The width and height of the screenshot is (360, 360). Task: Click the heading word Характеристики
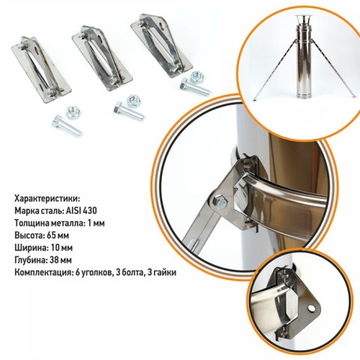[46, 199]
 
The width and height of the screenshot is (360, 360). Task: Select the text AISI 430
[81, 211]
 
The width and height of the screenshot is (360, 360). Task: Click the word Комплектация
[43, 272]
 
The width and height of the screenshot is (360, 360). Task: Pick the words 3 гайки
[162, 272]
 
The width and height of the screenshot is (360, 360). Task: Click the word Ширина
[31, 248]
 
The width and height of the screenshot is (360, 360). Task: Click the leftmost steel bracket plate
[41, 70]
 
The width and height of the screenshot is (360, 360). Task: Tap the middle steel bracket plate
[102, 58]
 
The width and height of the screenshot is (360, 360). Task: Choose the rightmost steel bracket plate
[161, 45]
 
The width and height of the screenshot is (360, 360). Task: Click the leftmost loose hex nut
[73, 112]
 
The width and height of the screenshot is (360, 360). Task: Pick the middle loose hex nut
[133, 101]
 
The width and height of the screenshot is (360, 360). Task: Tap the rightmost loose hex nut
[197, 77]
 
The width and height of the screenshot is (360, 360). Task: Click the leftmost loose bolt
[67, 127]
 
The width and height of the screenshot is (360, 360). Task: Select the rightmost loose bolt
[195, 87]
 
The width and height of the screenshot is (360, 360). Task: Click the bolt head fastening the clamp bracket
[220, 201]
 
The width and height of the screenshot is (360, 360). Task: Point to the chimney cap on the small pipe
[302, 19]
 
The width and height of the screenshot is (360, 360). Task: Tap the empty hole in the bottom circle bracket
[311, 308]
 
